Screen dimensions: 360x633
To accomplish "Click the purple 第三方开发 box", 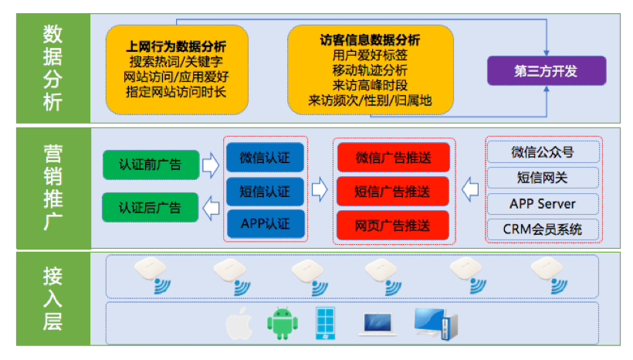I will [546, 71].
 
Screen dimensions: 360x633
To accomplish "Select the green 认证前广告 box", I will [151, 164].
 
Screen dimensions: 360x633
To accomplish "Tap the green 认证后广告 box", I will [151, 207].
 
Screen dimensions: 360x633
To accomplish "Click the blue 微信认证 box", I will [266, 158].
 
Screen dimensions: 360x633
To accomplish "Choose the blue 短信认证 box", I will [266, 192].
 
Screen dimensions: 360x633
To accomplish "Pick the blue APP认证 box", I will [266, 224].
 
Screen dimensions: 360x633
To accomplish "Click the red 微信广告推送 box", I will [393, 158].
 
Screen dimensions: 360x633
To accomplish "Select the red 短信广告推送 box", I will [393, 192].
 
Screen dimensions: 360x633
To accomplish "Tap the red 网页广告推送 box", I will [393, 225].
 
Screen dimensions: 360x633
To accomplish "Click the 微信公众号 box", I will [542, 151].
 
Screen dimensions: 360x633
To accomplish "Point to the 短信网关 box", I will [542, 178].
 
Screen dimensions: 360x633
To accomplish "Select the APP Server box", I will [542, 204].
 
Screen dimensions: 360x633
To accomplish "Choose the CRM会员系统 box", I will [542, 229].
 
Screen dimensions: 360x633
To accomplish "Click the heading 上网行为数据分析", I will [177, 46].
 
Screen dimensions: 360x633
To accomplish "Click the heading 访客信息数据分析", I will [370, 39].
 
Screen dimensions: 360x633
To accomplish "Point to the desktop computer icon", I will [435, 323].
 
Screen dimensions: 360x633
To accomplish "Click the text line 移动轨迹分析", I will [370, 70].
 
